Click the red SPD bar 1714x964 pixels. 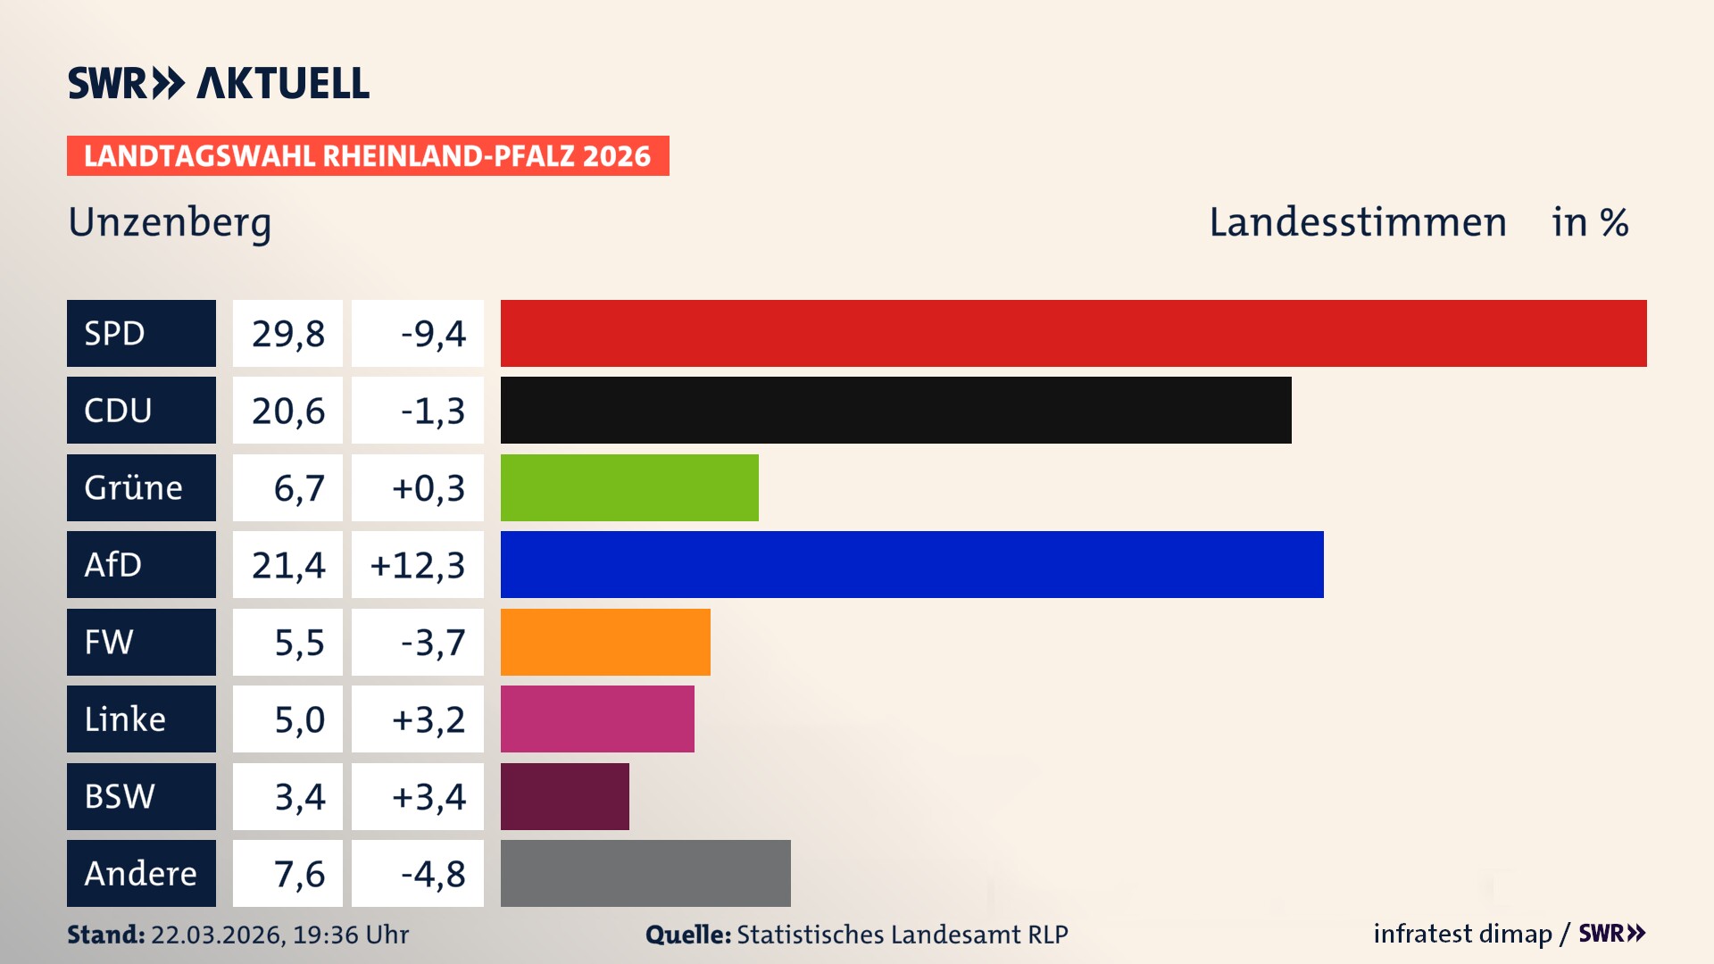click(x=1073, y=333)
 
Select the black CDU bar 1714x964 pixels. click(x=895, y=410)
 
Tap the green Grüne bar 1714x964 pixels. click(x=629, y=487)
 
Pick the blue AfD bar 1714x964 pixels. click(x=911, y=564)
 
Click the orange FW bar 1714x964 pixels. click(x=605, y=642)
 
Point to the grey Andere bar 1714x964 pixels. click(x=645, y=873)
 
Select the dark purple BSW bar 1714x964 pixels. click(x=564, y=796)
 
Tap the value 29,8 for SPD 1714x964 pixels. click(x=287, y=334)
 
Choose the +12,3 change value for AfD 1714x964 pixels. click(x=418, y=565)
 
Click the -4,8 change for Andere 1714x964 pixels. click(x=433, y=874)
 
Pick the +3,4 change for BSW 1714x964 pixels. click(x=428, y=796)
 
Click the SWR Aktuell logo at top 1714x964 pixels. click(x=219, y=83)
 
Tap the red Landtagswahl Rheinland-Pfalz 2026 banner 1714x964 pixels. click(x=367, y=156)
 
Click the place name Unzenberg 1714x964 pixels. click(x=170, y=222)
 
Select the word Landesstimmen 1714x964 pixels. click(x=1357, y=222)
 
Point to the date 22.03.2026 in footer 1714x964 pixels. click(x=217, y=935)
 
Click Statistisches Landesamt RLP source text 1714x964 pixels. click(x=902, y=935)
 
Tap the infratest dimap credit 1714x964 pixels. click(x=1461, y=934)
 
